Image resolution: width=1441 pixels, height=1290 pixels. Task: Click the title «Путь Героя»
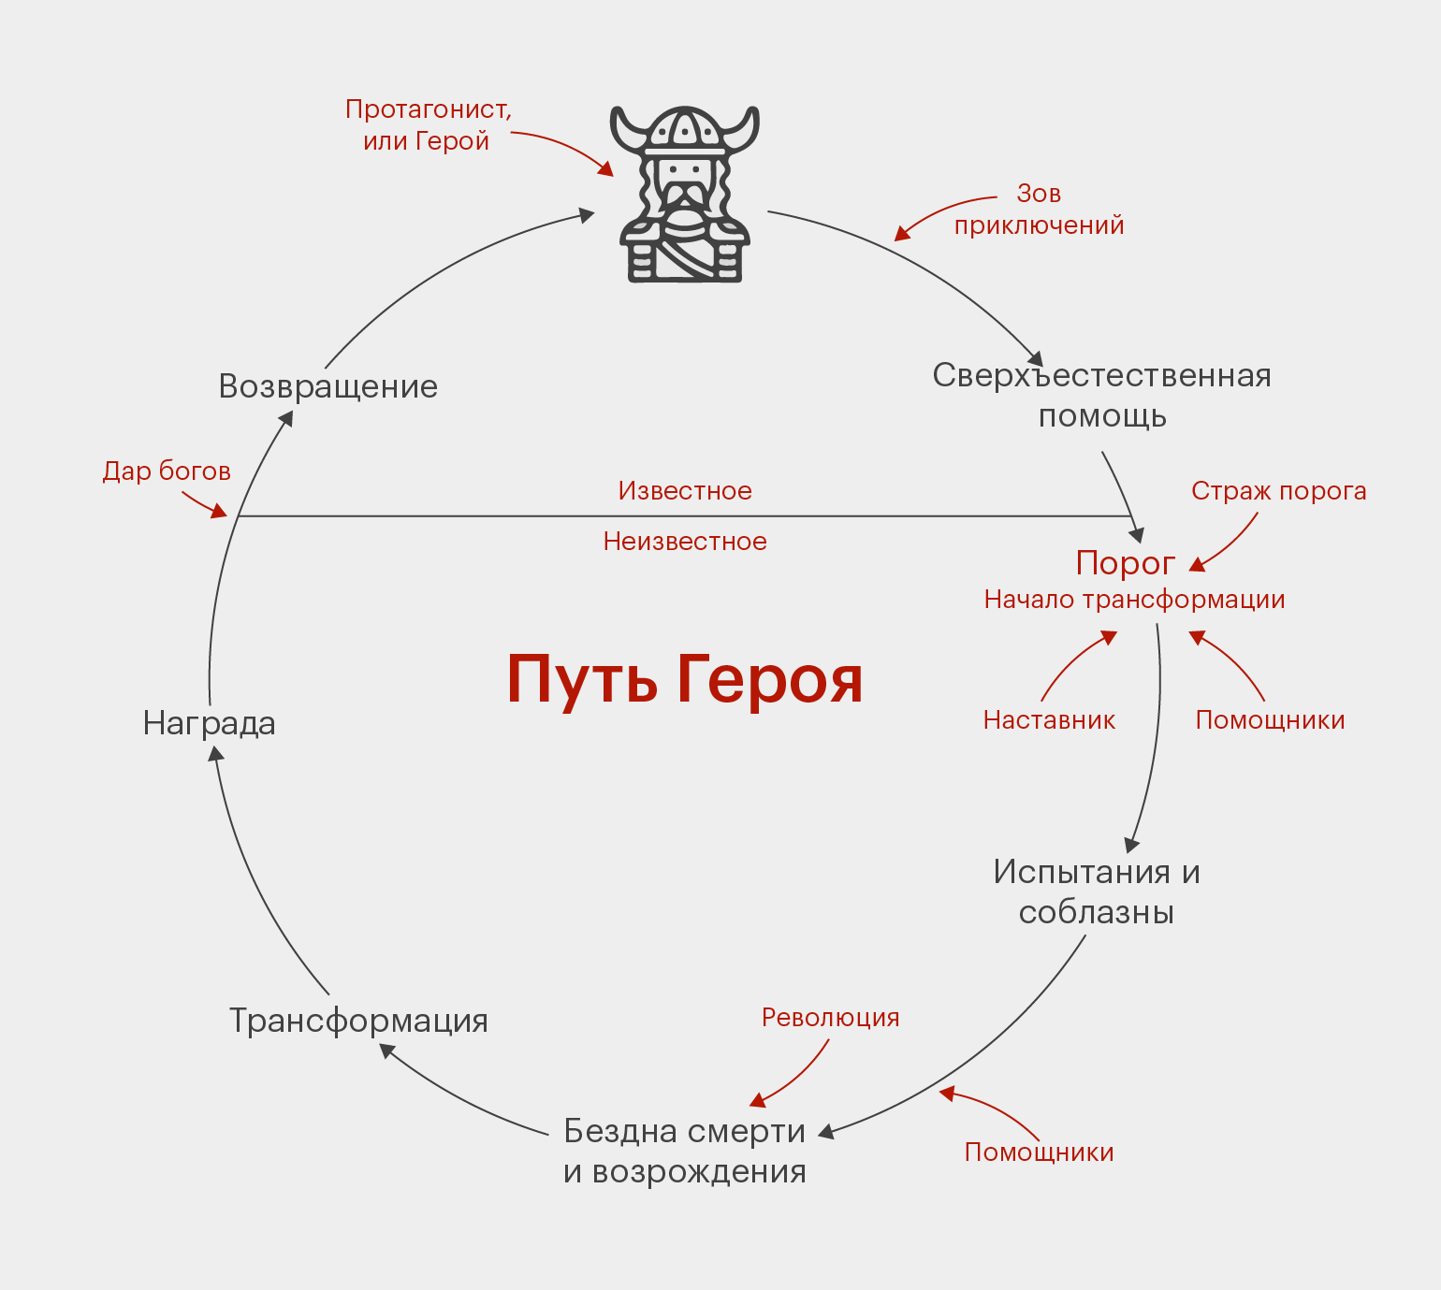(684, 681)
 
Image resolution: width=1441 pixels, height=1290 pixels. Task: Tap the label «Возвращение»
(327, 387)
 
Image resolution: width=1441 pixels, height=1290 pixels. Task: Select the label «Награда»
(209, 724)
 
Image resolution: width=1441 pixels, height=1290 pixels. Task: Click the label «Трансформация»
(358, 1022)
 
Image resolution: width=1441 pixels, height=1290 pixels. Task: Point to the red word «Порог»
(1126, 564)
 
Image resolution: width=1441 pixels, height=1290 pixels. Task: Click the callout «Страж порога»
(1279, 491)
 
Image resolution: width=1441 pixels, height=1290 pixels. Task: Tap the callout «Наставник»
(1049, 720)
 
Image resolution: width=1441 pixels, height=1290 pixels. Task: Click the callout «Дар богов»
(167, 471)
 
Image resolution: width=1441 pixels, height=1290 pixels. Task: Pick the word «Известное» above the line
(685, 491)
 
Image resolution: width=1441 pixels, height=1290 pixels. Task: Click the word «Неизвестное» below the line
(685, 542)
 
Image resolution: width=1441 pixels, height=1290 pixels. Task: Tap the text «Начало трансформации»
(1134, 601)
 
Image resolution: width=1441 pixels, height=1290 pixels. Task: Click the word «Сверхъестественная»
(1101, 375)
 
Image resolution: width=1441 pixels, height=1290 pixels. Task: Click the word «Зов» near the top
(1040, 194)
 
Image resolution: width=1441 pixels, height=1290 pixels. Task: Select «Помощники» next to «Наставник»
(1271, 720)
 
